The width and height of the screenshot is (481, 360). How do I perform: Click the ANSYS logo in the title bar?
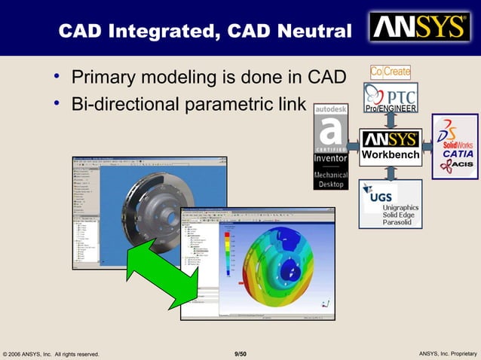coord(418,28)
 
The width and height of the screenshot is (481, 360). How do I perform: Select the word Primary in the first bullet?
coord(101,78)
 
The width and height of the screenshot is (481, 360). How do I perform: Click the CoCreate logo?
coord(391,72)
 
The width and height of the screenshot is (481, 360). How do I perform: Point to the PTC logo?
coord(391,94)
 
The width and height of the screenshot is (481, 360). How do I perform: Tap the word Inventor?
coord(330,159)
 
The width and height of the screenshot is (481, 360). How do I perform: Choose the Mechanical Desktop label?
coord(330,179)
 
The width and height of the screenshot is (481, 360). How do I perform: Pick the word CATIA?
coord(458,154)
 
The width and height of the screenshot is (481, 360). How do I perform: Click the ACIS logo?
coord(458,165)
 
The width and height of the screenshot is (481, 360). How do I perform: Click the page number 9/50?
coord(240,354)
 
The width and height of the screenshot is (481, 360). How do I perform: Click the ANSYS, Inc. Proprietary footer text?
coord(447,354)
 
